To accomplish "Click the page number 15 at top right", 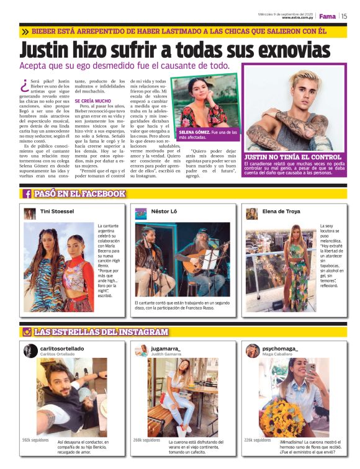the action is (x=344, y=16).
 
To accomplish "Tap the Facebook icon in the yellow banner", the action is (x=27, y=194).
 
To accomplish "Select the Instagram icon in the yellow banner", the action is (x=27, y=332).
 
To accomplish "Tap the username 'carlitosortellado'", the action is (x=62, y=349).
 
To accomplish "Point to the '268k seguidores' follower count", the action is (x=146, y=440).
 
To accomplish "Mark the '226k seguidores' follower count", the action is (x=257, y=440).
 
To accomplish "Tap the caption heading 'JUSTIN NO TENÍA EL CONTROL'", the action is (x=293, y=157).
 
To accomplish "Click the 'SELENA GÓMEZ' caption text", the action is (x=194, y=133).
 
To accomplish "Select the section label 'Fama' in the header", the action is (x=327, y=16).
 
